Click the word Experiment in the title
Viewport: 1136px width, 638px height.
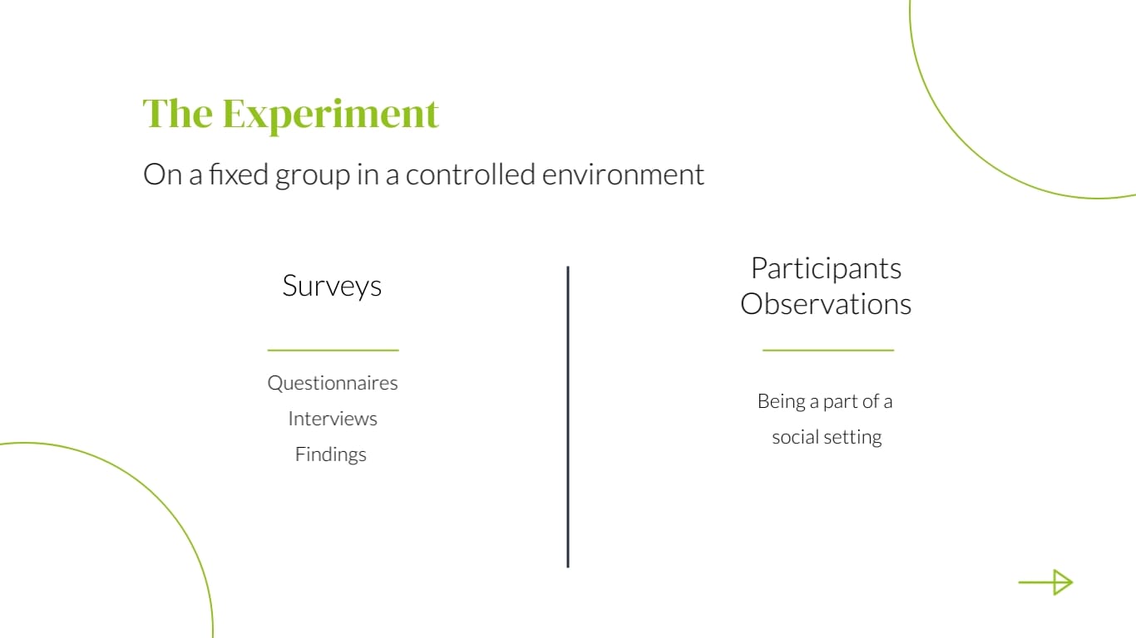point(330,115)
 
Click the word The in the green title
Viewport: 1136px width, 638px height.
point(178,113)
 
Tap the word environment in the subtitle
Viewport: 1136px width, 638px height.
point(623,174)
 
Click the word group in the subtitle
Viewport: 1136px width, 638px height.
point(313,176)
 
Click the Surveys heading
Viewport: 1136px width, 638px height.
point(332,286)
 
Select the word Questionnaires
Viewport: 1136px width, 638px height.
point(333,383)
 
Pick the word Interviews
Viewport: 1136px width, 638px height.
point(333,419)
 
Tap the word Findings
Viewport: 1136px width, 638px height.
point(331,454)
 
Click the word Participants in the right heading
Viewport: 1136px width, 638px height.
point(826,268)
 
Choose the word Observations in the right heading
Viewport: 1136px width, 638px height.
point(826,304)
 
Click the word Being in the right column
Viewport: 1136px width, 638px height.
point(780,401)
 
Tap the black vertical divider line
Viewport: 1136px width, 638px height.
point(568,416)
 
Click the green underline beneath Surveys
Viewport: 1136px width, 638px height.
point(333,351)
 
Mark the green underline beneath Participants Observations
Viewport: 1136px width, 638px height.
point(827,351)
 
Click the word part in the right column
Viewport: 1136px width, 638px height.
point(839,402)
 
